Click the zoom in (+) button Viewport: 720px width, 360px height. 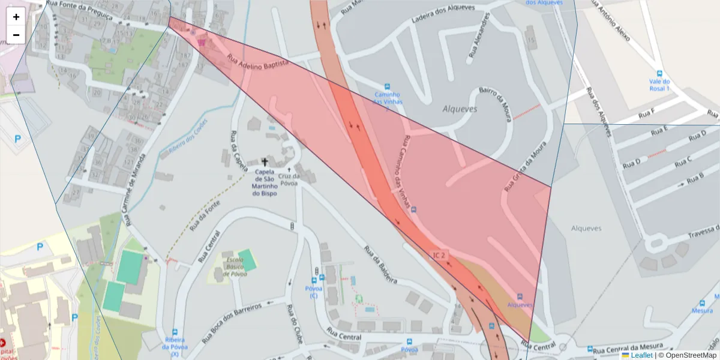tap(16, 17)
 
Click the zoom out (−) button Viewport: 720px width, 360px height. tap(16, 35)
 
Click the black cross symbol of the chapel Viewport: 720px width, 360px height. tap(265, 162)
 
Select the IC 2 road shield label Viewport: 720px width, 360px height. tap(440, 256)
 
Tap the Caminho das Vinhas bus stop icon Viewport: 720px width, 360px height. tap(387, 86)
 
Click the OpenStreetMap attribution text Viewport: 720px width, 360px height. tap(691, 355)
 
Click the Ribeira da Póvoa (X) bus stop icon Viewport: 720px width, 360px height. tap(175, 332)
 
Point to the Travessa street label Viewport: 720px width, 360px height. tap(696, 231)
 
